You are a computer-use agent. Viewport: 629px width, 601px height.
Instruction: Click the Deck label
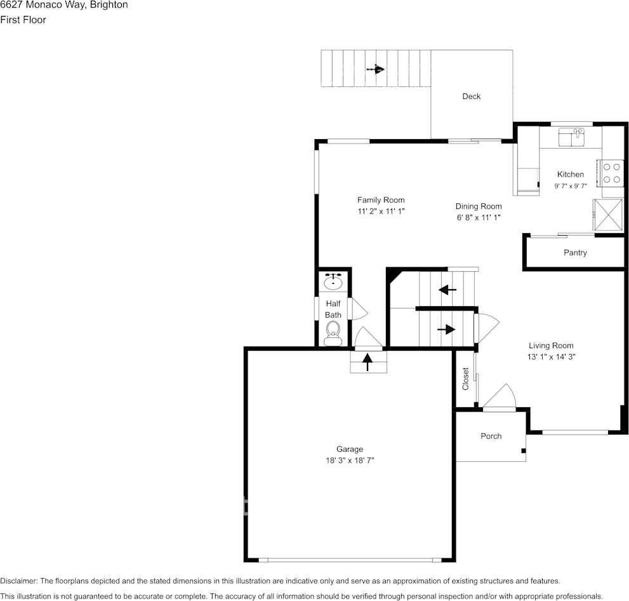(x=471, y=97)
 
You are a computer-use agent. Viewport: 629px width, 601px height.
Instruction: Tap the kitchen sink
(x=571, y=137)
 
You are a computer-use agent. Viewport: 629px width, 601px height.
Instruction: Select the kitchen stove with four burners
(x=611, y=173)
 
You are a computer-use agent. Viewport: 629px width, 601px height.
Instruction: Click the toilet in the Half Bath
(x=333, y=332)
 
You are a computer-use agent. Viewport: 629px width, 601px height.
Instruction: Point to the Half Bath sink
(x=333, y=281)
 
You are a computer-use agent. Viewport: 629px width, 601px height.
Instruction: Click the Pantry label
(x=575, y=253)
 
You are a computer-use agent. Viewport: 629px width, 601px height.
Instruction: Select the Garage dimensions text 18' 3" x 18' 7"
(x=350, y=461)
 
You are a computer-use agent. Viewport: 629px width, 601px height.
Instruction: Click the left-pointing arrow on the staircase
(x=447, y=290)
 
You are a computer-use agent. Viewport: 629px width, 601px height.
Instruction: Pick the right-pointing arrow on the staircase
(x=447, y=329)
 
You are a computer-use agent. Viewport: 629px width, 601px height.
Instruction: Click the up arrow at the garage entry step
(x=367, y=362)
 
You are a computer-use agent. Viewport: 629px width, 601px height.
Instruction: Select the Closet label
(x=466, y=379)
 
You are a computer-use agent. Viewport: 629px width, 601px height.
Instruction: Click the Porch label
(x=491, y=436)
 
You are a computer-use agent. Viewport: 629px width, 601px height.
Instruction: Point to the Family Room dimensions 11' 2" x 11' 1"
(x=381, y=212)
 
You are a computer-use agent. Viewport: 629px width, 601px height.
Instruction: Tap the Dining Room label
(x=479, y=206)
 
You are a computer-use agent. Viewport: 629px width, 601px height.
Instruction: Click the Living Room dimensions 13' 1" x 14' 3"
(x=551, y=357)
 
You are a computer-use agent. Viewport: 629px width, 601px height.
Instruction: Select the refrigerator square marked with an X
(x=607, y=215)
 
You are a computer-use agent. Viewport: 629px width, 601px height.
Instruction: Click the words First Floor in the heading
(x=23, y=20)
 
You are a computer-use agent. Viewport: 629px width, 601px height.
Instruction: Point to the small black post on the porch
(x=523, y=451)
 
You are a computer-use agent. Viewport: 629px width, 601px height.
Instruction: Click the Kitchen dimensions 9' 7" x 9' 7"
(x=570, y=186)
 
